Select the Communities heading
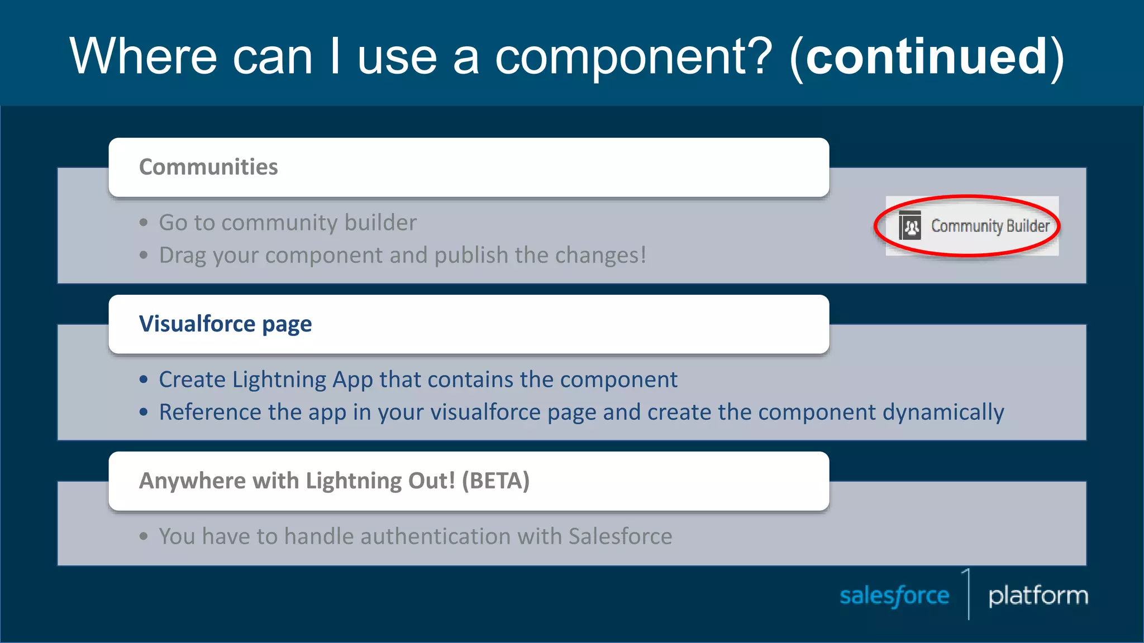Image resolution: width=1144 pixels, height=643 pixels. pyautogui.click(x=208, y=167)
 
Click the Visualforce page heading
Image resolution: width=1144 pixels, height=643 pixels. pyautogui.click(x=225, y=324)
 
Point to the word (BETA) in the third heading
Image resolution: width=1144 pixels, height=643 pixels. pyautogui.click(x=495, y=481)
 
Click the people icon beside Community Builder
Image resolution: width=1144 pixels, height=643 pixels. pyautogui.click(x=910, y=226)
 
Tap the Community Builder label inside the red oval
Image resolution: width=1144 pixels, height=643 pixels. pyautogui.click(x=990, y=226)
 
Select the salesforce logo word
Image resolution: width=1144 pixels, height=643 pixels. pyautogui.click(x=894, y=596)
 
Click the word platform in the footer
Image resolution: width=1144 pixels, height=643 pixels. pyautogui.click(x=1038, y=596)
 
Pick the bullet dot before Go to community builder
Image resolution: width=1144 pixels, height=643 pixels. pyautogui.click(x=144, y=223)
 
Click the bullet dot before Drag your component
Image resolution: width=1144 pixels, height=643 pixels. pyautogui.click(x=144, y=255)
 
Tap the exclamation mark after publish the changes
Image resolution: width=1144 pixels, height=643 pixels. pyautogui.click(x=643, y=255)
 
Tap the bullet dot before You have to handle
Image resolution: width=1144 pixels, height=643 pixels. pyautogui.click(x=144, y=536)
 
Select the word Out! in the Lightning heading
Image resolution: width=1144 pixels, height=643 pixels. pyautogui.click(x=432, y=481)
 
